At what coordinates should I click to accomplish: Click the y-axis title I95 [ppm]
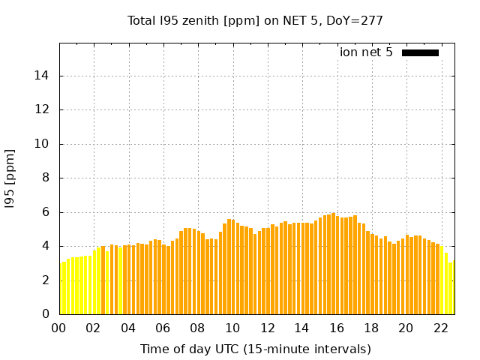(10, 178)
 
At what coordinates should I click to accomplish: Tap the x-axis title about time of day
(255, 349)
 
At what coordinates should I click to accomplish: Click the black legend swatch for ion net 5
(420, 52)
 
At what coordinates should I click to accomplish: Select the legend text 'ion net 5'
(366, 52)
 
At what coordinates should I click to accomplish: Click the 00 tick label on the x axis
(59, 328)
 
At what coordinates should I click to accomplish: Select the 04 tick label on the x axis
(128, 328)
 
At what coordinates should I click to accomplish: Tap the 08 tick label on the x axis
(198, 328)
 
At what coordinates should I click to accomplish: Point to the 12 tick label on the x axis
(267, 328)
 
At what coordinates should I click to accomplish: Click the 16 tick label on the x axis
(337, 328)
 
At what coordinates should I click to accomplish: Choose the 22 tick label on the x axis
(440, 328)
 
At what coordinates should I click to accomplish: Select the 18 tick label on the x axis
(371, 328)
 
